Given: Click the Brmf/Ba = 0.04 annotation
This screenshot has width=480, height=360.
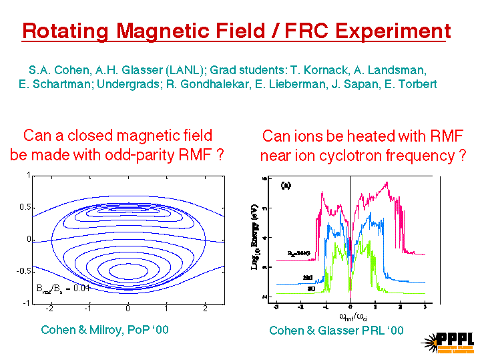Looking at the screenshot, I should coord(63,288).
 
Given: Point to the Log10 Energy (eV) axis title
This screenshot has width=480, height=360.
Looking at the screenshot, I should coord(254,237).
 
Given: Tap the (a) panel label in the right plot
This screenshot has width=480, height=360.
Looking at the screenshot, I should coord(286,184).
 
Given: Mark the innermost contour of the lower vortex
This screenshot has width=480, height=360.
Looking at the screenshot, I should coord(128,271).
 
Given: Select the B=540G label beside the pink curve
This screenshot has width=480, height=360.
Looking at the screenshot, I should coord(297,252).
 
